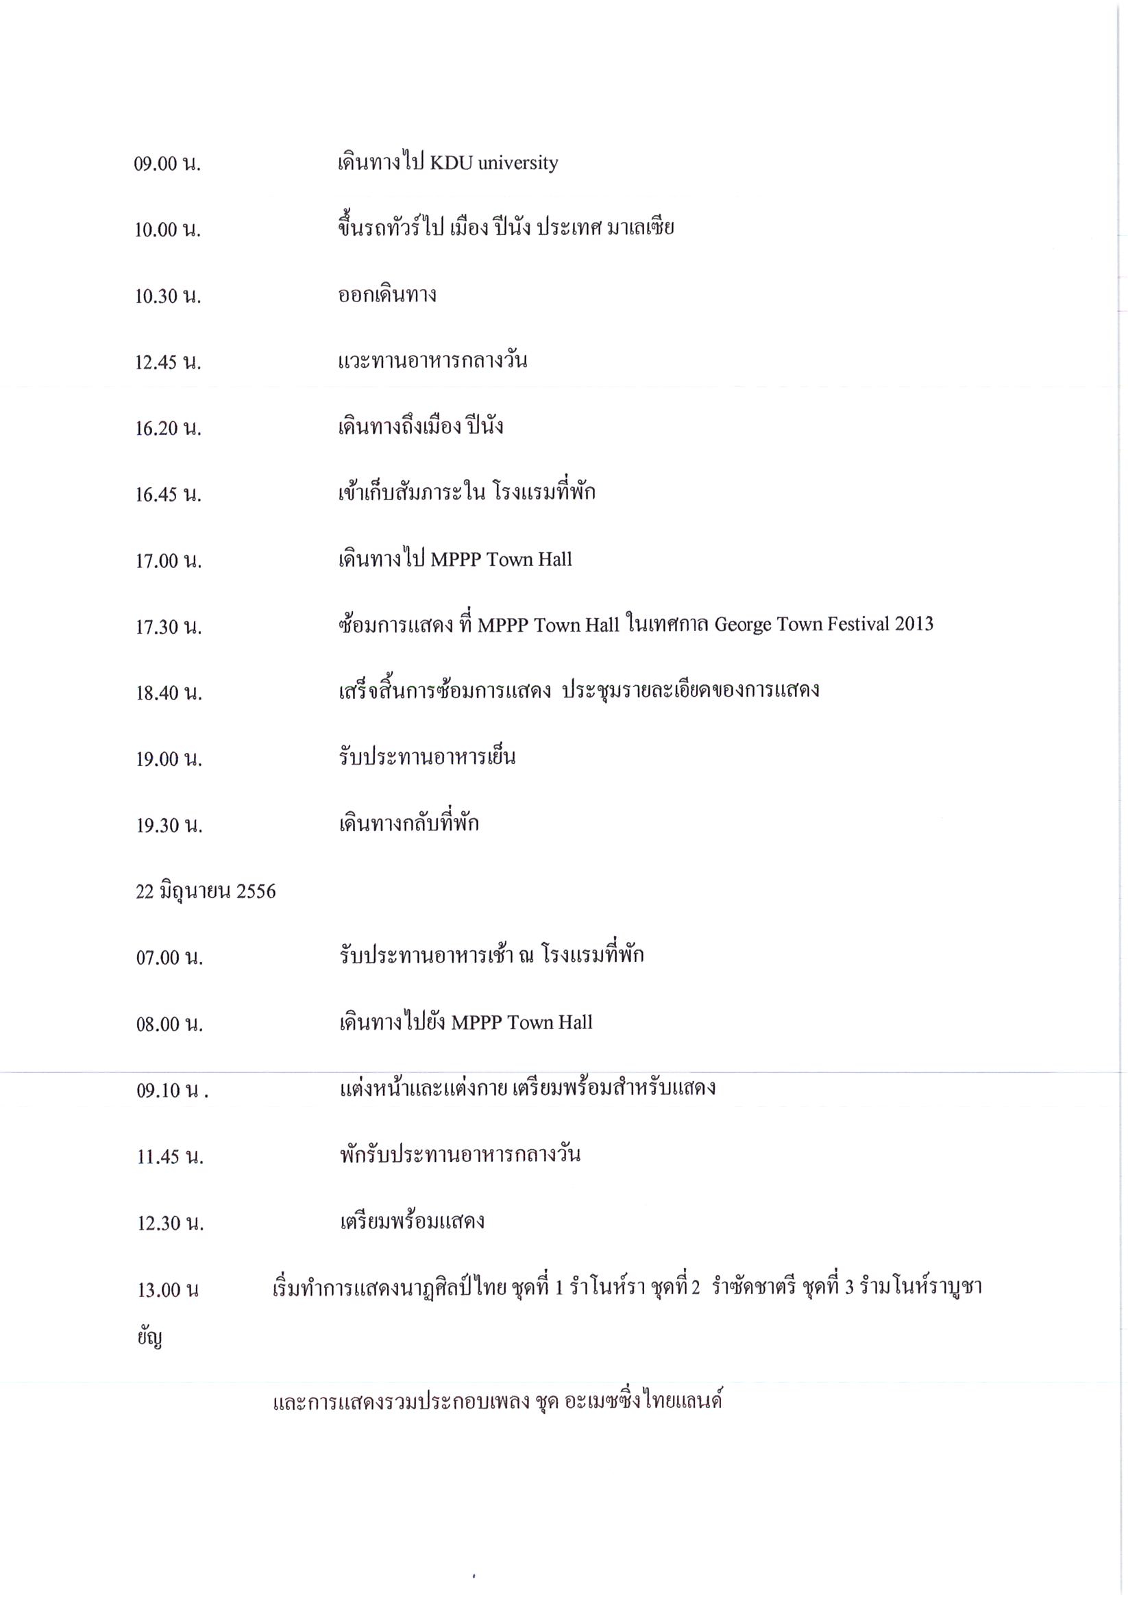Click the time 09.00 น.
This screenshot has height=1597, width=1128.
[x=167, y=164]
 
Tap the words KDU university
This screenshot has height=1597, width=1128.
[x=494, y=164]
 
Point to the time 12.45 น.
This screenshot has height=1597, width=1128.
[x=168, y=363]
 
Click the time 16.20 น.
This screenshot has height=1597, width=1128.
[x=168, y=429]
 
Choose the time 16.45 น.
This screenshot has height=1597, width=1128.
[x=169, y=495]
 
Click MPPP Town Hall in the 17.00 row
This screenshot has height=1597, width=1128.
[x=501, y=560]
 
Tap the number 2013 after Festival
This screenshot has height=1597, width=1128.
[x=914, y=624]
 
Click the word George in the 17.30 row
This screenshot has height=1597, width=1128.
[x=742, y=626]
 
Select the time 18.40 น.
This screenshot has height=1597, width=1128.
[x=169, y=693]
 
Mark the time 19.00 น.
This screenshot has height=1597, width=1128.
[x=169, y=760]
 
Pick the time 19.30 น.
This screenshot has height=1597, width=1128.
[x=169, y=826]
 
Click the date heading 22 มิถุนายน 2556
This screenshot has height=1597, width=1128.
[x=206, y=892]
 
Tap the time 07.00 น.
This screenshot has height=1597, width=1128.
[x=169, y=958]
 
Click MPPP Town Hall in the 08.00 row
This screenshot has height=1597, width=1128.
[x=522, y=1022]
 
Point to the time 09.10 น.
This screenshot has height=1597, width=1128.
[x=172, y=1091]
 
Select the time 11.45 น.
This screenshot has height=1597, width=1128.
[x=170, y=1157]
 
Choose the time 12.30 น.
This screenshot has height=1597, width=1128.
[x=170, y=1224]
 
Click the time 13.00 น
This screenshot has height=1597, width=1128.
[x=168, y=1291]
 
